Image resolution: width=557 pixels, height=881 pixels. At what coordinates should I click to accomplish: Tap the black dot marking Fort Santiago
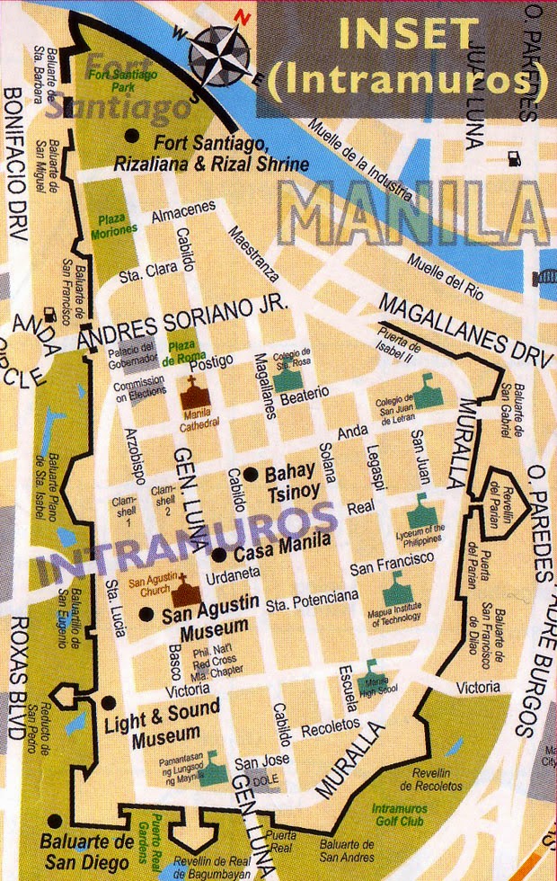pyautogui.click(x=133, y=135)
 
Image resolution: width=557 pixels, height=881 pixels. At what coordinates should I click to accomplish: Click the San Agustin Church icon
pyautogui.click(x=186, y=590)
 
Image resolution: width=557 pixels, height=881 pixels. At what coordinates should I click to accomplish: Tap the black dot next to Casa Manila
pyautogui.click(x=217, y=554)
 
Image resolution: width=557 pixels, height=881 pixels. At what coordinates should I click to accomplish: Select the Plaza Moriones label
pyautogui.click(x=114, y=224)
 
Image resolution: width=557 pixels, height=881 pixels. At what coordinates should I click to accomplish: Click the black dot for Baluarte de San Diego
pyautogui.click(x=56, y=821)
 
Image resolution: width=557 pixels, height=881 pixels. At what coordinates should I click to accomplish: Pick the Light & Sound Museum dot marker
pyautogui.click(x=109, y=703)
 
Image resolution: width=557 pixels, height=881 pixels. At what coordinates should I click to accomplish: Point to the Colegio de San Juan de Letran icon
pyautogui.click(x=427, y=393)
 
